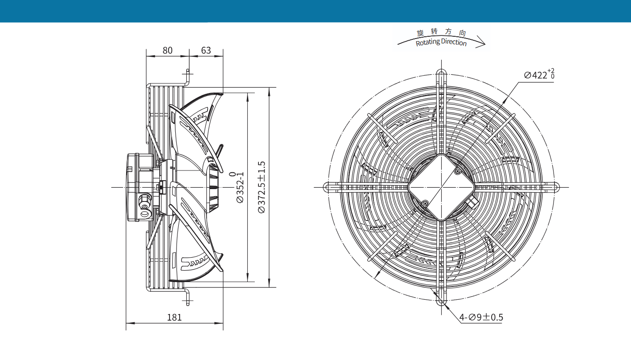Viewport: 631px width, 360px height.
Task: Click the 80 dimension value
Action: click(167, 50)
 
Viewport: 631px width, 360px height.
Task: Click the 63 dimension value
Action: click(206, 50)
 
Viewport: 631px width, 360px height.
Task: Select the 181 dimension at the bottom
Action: click(174, 317)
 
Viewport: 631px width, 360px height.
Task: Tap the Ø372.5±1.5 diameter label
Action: click(262, 187)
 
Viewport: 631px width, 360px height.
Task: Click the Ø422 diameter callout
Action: click(539, 74)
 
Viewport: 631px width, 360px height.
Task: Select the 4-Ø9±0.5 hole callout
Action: click(481, 317)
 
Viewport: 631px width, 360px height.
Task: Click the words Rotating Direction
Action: click(441, 42)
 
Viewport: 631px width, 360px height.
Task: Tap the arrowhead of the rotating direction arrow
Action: click(482, 44)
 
